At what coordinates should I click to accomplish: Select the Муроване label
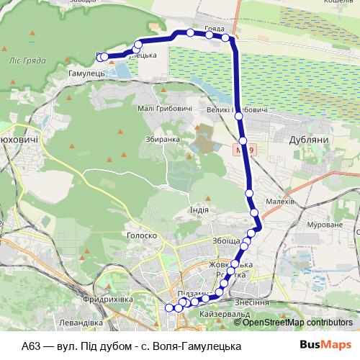325,225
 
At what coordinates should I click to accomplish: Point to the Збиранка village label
162,140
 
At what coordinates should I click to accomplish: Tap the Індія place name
199,209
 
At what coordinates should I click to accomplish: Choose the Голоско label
142,235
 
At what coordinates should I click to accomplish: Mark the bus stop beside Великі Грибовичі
238,115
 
